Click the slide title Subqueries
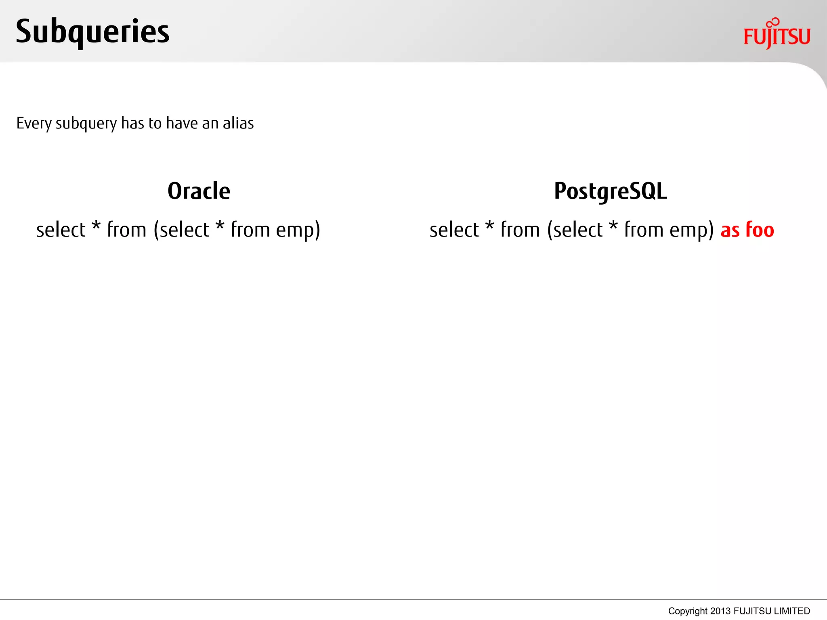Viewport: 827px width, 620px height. point(92,31)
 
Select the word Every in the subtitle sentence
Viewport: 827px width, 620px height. point(34,123)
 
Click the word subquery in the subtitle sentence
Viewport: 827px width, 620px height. point(86,124)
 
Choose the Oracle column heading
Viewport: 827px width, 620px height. point(199,191)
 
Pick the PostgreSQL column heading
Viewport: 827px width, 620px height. point(610,191)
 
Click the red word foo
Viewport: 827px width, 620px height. point(760,230)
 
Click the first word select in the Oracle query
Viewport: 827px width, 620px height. point(61,230)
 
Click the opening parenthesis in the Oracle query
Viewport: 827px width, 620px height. point(156,230)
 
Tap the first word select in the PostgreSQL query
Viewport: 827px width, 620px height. point(454,230)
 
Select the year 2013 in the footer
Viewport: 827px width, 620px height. point(720,611)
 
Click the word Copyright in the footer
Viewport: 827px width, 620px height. point(688,611)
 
